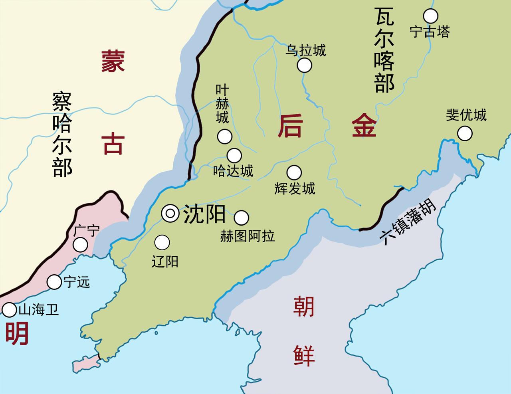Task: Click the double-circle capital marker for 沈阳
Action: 170,214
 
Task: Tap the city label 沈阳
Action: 204,214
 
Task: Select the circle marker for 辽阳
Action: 162,242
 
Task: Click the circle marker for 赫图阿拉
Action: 241,218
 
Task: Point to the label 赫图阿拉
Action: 248,236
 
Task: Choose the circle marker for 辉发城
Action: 294,172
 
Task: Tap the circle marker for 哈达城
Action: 234,155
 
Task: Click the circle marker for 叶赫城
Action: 224,137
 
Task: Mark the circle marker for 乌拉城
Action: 305,65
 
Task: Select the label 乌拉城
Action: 306,50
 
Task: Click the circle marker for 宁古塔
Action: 430,16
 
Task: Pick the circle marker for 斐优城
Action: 465,133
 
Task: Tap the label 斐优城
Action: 466,115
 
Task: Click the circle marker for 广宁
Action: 81,245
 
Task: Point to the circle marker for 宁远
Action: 54,282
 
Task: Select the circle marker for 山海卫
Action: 9,309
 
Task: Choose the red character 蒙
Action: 113,61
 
